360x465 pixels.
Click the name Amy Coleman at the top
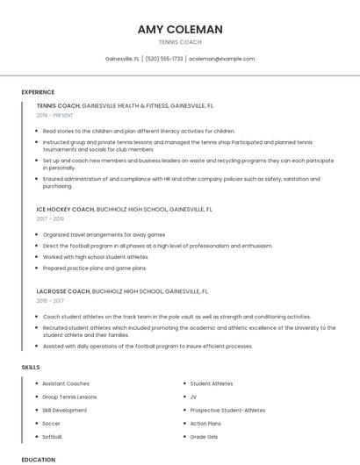point(180,29)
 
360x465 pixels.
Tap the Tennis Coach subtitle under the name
point(180,42)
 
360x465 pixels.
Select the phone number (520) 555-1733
point(164,59)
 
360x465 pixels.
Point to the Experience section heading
point(38,92)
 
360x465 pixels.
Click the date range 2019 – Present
point(55,115)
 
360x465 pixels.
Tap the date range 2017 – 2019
point(52,220)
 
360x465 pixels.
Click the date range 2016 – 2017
point(52,301)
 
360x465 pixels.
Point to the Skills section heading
point(31,366)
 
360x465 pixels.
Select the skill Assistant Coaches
point(66,383)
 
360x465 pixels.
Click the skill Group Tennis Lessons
point(69,397)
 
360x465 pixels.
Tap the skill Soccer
point(52,423)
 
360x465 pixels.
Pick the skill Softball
point(53,436)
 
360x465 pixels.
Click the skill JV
point(193,397)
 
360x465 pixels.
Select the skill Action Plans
point(205,423)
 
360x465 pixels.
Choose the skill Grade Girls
point(204,436)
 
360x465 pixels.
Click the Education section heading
point(39,459)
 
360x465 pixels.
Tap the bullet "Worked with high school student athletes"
point(96,257)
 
